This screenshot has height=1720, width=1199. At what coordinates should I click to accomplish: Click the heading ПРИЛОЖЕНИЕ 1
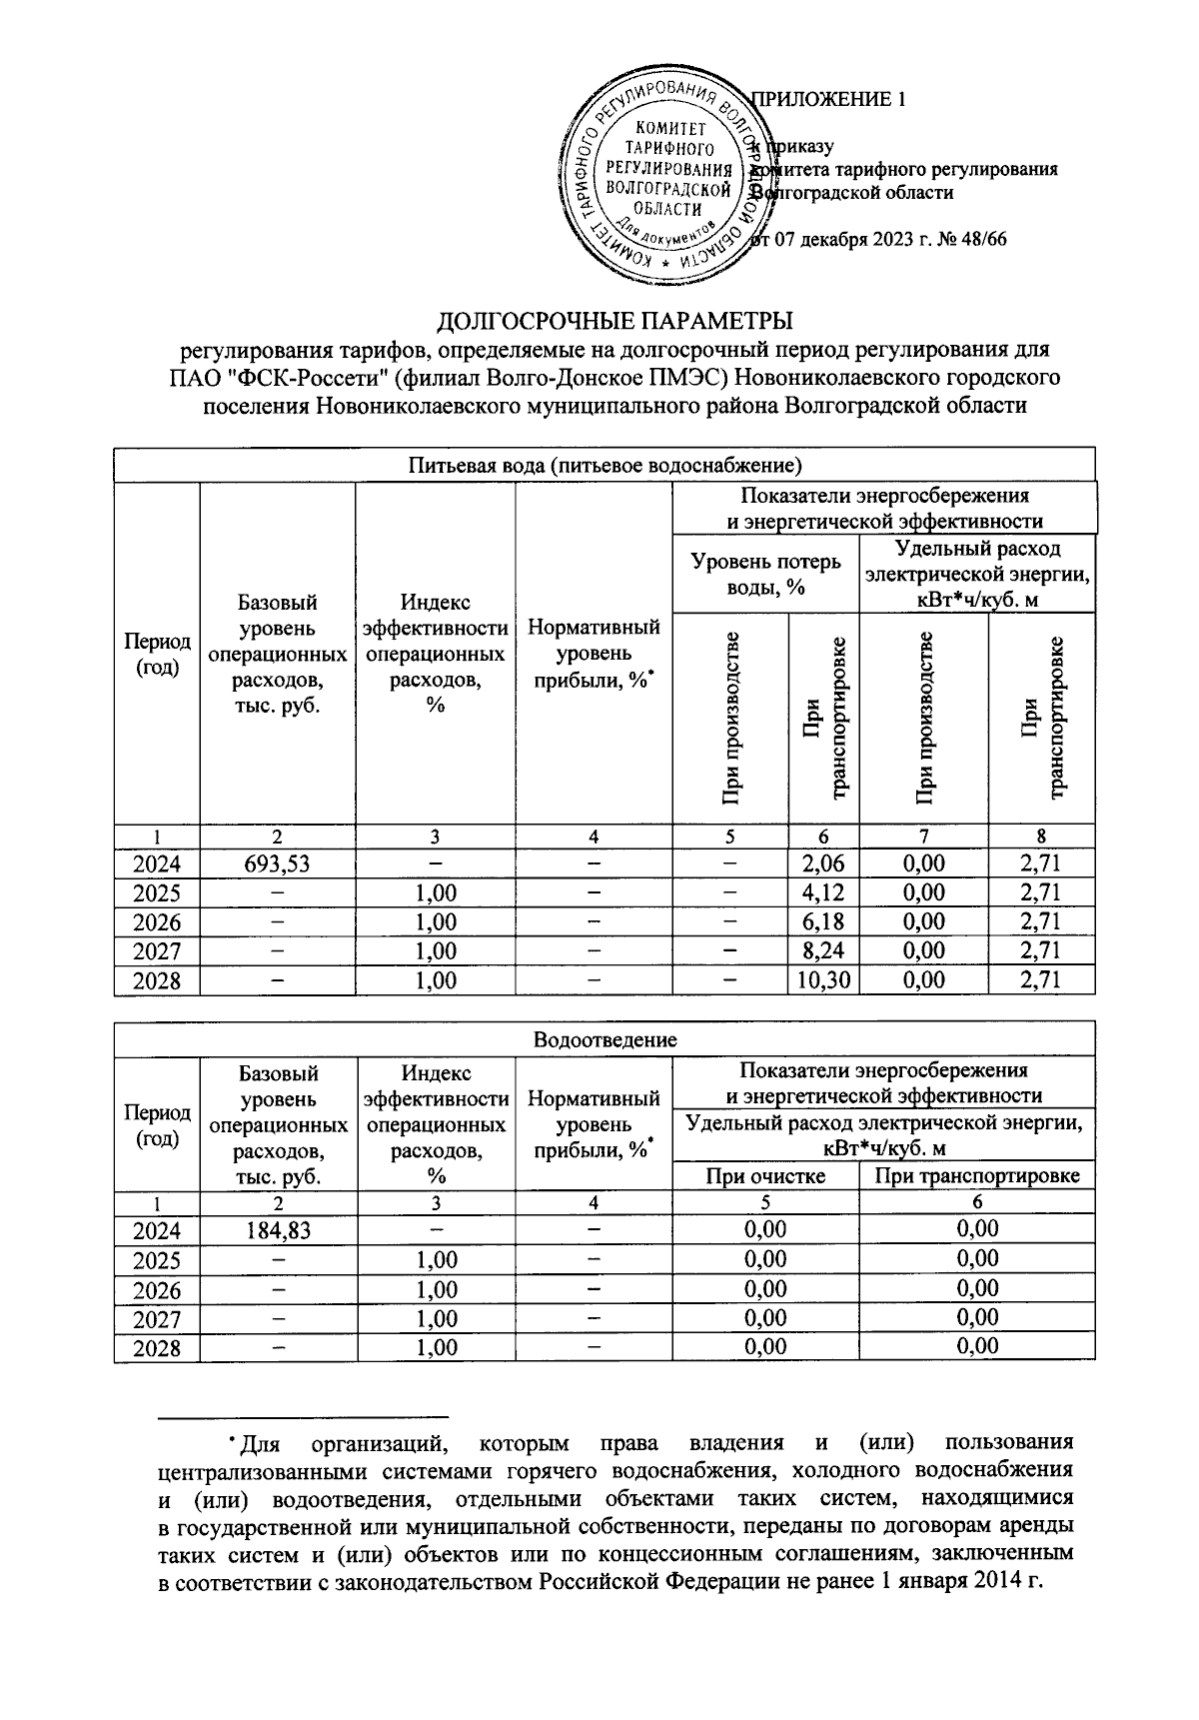[827, 99]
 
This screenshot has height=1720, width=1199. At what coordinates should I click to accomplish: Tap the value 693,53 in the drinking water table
[277, 863]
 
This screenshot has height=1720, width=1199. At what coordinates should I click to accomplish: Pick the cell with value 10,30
[823, 980]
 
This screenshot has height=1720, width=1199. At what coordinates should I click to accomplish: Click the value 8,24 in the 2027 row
[823, 951]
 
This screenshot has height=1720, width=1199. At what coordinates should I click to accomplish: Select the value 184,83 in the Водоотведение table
[277, 1230]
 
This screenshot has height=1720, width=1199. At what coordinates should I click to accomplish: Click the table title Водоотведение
[604, 1039]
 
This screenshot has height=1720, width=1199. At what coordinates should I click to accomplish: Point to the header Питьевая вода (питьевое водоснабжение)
[604, 465]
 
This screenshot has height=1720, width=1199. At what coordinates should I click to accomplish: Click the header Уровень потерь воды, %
[765, 575]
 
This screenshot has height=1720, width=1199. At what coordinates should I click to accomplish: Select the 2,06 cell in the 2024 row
[823, 863]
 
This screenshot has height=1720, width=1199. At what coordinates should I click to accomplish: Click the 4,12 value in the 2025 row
[823, 892]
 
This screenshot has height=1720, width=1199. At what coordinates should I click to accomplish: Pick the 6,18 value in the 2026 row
[823, 921]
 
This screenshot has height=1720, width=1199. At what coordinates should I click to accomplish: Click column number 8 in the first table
[1040, 837]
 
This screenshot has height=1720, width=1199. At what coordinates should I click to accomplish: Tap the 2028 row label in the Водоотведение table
[157, 1347]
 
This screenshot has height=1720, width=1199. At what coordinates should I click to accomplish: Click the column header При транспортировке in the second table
[976, 1175]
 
